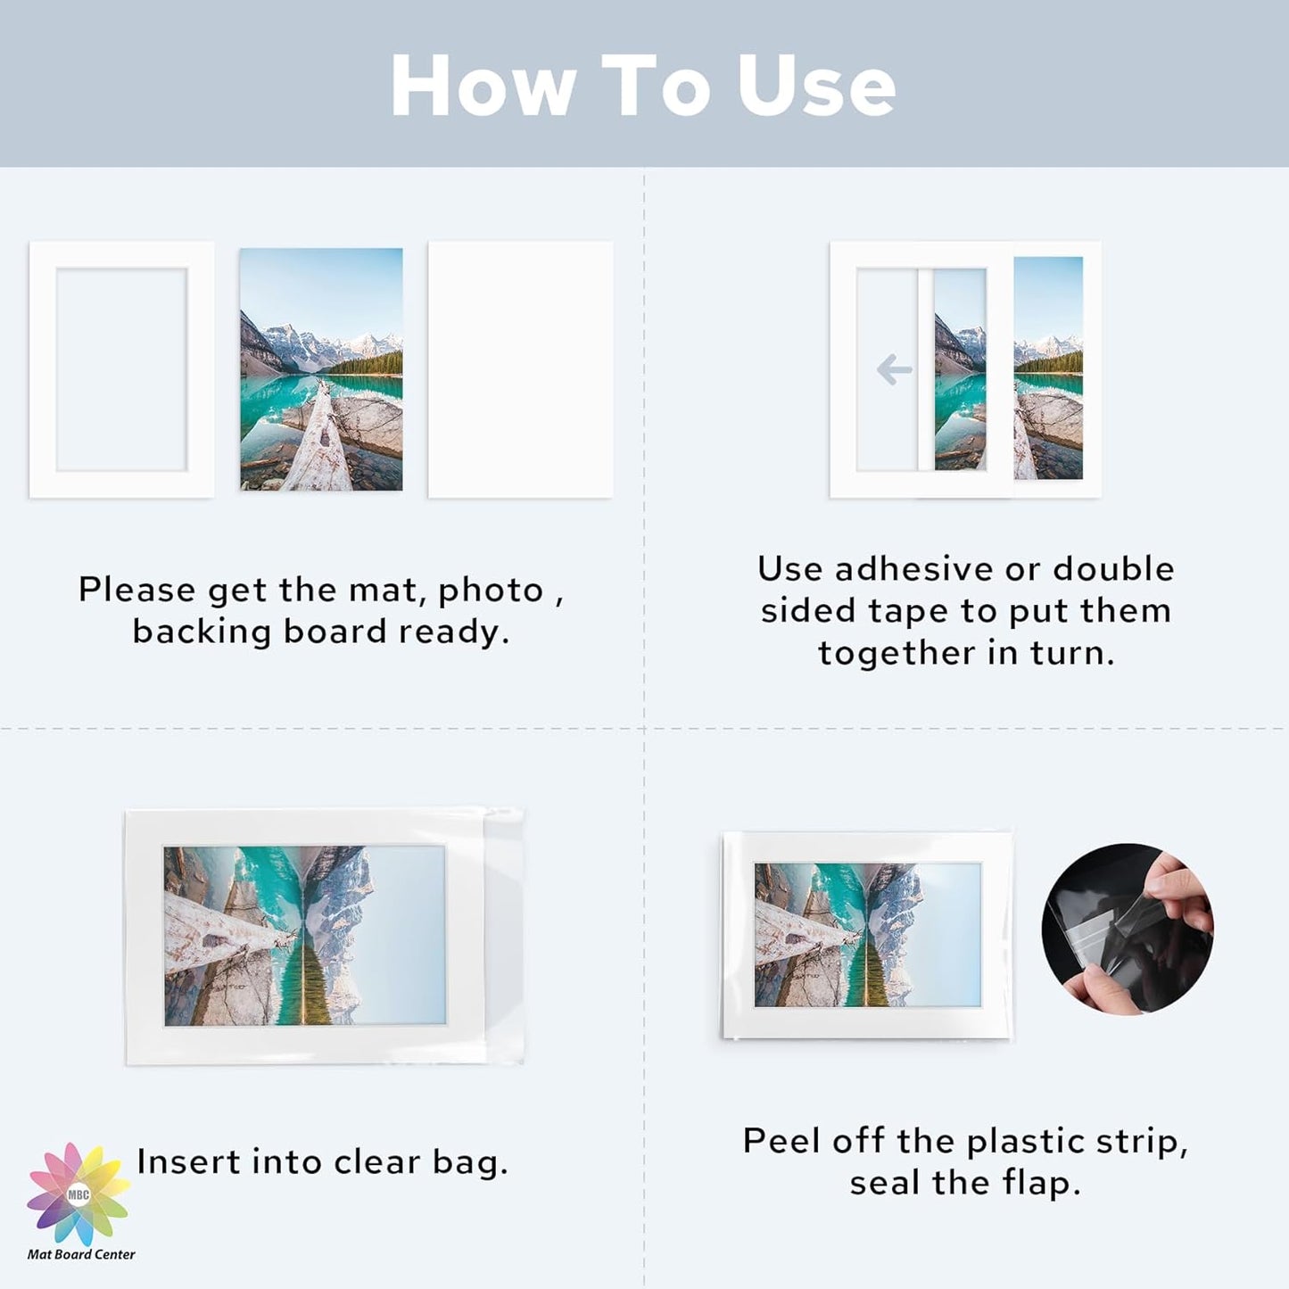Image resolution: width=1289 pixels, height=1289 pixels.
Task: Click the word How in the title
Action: tap(483, 87)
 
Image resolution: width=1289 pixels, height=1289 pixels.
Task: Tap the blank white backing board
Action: tap(520, 369)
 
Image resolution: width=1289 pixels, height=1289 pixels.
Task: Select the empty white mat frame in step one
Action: tap(121, 369)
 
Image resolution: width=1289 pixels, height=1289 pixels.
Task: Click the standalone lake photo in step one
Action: tap(321, 369)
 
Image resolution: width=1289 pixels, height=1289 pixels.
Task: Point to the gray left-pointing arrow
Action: tap(894, 369)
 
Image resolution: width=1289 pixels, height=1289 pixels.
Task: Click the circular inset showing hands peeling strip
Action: tap(1128, 929)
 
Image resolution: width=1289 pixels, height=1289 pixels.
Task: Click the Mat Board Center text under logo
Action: tap(81, 1254)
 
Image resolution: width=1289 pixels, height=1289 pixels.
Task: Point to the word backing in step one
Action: tap(202, 632)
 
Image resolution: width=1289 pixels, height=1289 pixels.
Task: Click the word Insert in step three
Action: tap(189, 1161)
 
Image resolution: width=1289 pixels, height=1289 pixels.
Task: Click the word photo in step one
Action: tap(491, 591)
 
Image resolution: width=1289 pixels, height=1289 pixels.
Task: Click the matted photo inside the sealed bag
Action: tap(867, 935)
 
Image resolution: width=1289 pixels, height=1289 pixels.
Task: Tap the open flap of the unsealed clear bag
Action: tap(505, 937)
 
